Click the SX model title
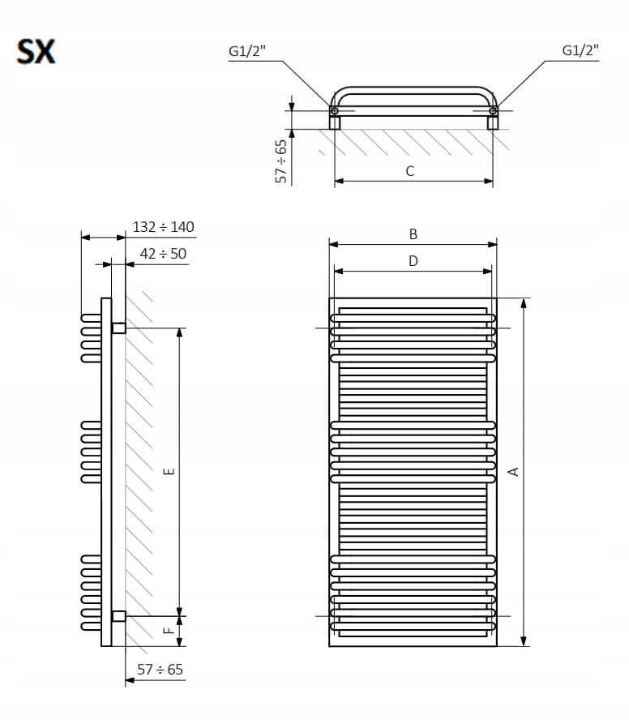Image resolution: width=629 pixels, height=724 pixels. click(x=36, y=51)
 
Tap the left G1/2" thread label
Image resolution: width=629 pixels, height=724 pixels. click(x=247, y=51)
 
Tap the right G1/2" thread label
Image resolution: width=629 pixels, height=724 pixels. click(x=580, y=50)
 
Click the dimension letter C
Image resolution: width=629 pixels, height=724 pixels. click(x=410, y=171)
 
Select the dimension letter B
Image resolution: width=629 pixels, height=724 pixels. click(x=413, y=234)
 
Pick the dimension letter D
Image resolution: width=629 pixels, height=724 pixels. click(x=413, y=261)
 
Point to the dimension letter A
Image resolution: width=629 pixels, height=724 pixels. click(x=513, y=471)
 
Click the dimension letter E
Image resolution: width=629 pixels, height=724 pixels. click(x=169, y=471)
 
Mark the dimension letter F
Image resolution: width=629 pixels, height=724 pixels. click(x=169, y=630)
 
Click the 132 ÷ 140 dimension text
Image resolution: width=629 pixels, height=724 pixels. click(x=164, y=227)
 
